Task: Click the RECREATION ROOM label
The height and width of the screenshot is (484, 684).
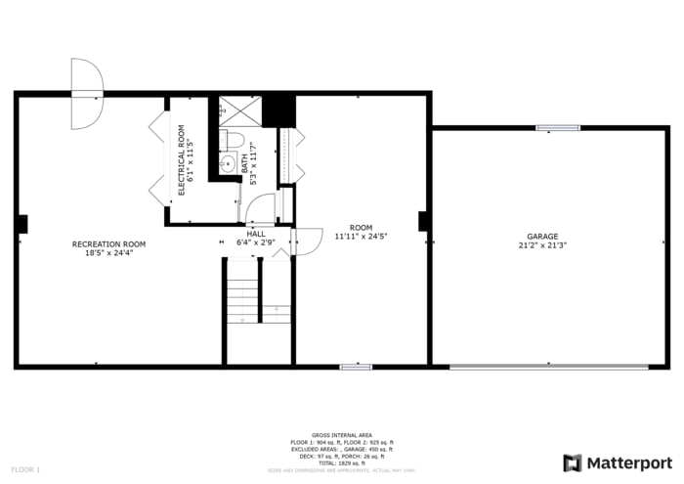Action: tap(108, 243)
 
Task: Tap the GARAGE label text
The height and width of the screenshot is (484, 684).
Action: tap(542, 237)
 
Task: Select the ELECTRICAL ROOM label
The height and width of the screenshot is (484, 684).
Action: tap(181, 159)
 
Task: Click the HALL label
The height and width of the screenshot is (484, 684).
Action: tap(255, 234)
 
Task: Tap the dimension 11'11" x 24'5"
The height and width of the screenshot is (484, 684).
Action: tap(361, 236)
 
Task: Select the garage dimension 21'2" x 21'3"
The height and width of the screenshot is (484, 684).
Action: tap(542, 245)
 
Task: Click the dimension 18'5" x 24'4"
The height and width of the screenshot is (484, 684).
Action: tap(108, 252)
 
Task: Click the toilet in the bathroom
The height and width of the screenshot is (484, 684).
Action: tap(224, 140)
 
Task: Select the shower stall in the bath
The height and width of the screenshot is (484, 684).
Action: tap(235, 110)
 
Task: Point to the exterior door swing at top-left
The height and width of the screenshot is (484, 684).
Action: tap(85, 93)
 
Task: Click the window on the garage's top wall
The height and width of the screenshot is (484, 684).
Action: tap(557, 127)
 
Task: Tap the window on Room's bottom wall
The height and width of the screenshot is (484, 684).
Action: tap(356, 367)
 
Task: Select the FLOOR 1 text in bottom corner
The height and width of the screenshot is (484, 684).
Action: tap(25, 470)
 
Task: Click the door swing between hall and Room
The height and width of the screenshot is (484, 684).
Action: tap(306, 241)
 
